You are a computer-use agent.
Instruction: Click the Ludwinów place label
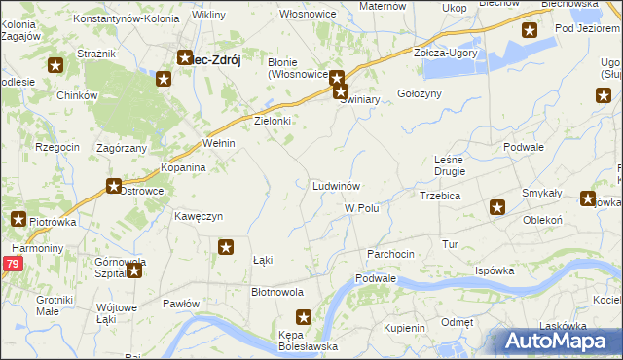337,185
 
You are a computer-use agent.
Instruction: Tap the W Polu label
361,208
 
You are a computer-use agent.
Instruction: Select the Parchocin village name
390,253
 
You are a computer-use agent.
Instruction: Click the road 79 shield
12,264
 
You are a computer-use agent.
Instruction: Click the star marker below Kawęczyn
226,247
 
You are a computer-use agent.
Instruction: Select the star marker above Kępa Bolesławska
304,316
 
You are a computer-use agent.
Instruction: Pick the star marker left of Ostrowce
114,187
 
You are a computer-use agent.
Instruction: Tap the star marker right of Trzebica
497,206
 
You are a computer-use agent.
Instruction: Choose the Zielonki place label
273,121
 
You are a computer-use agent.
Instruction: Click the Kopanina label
183,167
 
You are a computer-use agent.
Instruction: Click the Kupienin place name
404,328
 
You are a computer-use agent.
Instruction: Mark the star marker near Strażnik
55,66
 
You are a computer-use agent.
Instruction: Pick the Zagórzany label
122,148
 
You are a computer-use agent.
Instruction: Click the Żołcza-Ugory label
445,53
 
